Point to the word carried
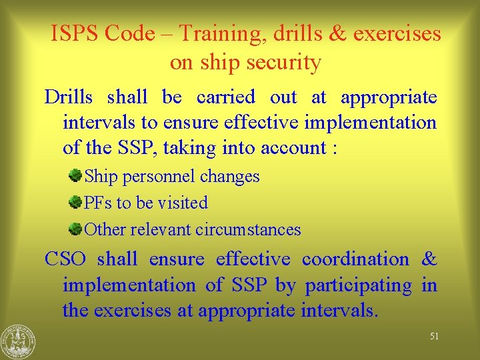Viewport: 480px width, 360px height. (226, 97)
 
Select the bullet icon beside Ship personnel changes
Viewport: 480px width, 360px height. (75, 176)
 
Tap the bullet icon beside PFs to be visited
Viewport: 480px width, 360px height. (75, 202)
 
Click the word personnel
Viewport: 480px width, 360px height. (159, 177)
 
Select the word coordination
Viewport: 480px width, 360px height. (355, 259)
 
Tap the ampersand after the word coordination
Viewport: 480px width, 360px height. (429, 259)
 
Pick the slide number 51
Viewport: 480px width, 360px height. (434, 337)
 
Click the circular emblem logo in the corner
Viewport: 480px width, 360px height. (18, 341)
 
